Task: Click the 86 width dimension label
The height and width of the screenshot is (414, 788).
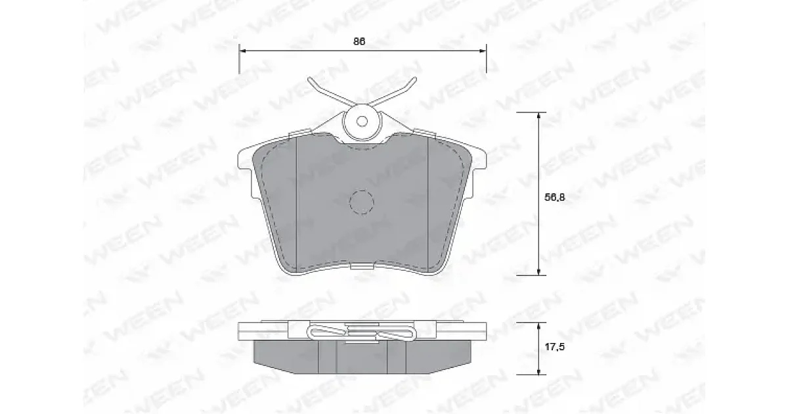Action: tap(359, 41)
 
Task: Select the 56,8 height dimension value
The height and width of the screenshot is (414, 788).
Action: tap(555, 198)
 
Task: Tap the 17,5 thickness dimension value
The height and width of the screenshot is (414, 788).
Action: tap(555, 347)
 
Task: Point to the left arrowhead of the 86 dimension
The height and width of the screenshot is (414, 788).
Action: tap(243, 51)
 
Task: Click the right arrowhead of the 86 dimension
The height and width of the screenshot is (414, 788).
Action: tap(482, 51)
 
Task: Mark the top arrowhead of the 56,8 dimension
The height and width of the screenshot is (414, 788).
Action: tap(538, 116)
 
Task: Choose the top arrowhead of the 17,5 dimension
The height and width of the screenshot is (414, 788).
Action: tap(538, 326)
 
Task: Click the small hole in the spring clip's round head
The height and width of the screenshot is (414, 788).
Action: tap(362, 122)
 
